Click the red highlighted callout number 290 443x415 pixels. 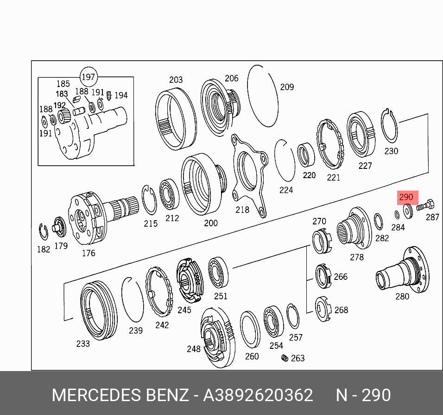[x=406, y=198]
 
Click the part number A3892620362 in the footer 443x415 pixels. [x=258, y=396]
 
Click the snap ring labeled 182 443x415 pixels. [x=43, y=233]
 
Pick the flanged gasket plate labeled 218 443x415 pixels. [x=249, y=175]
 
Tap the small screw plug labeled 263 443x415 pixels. [x=285, y=358]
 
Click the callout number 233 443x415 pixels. [x=82, y=344]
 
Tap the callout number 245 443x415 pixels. [x=184, y=310]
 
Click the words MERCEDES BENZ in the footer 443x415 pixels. [x=120, y=396]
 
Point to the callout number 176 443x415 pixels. [x=88, y=253]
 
